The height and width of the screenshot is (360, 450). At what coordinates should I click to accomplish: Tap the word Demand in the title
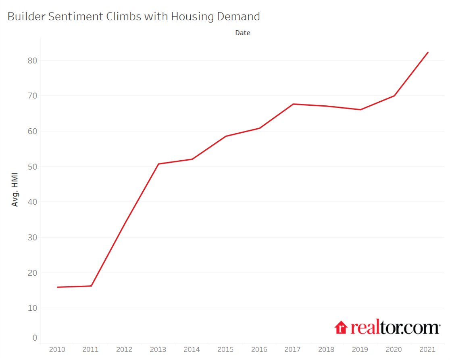pyautogui.click(x=238, y=17)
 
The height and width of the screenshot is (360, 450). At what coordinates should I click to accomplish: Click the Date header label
pyautogui.click(x=243, y=33)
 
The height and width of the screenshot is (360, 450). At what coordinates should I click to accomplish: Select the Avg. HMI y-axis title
pyautogui.click(x=15, y=190)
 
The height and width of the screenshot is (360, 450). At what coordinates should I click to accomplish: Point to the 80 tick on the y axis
pyautogui.click(x=32, y=61)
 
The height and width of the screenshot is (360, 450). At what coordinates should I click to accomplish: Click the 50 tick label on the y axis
pyautogui.click(x=32, y=167)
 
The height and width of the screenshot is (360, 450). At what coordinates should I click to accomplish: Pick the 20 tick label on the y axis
pyautogui.click(x=32, y=273)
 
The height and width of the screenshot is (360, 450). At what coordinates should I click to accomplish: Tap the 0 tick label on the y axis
pyautogui.click(x=35, y=338)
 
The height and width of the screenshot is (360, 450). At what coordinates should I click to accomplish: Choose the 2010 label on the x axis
pyautogui.click(x=57, y=350)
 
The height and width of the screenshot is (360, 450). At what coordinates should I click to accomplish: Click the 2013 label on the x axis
pyautogui.click(x=158, y=350)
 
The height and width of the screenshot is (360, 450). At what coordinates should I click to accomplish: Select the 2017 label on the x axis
pyautogui.click(x=293, y=350)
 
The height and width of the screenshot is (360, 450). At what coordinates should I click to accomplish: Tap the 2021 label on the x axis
pyautogui.click(x=428, y=350)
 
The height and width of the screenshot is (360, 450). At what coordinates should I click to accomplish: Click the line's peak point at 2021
pyautogui.click(x=428, y=52)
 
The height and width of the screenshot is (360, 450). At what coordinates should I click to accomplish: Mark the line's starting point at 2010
pyautogui.click(x=57, y=287)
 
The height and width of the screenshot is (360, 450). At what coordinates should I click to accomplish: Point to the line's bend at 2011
pyautogui.click(x=91, y=286)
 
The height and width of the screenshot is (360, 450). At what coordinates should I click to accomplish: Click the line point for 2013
pyautogui.click(x=158, y=164)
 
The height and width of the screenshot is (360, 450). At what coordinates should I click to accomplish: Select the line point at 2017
pyautogui.click(x=293, y=104)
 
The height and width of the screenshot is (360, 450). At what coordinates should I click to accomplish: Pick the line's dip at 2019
pyautogui.click(x=360, y=110)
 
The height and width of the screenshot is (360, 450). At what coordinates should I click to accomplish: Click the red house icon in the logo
pyautogui.click(x=341, y=328)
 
